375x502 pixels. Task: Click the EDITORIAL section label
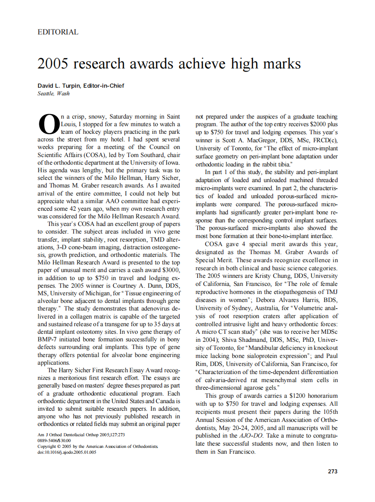click(x=58, y=32)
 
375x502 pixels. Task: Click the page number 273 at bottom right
click(x=332, y=471)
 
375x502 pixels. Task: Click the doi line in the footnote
click(x=67, y=452)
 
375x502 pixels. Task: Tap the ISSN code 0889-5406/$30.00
click(x=54, y=441)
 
